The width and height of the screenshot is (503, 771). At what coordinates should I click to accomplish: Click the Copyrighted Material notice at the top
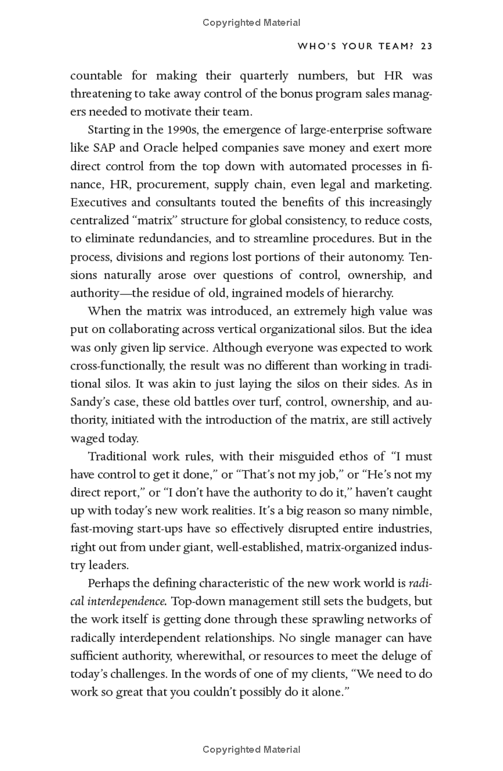pyautogui.click(x=251, y=23)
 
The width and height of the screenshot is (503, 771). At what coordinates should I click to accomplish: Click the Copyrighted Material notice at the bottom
pyautogui.click(x=251, y=750)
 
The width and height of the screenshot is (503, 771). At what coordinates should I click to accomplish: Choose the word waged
pyautogui.click(x=86, y=439)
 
